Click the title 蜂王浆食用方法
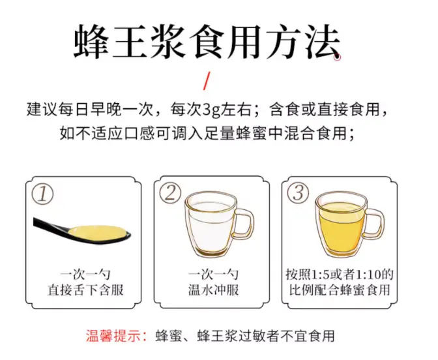click(x=207, y=41)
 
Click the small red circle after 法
click(x=338, y=57)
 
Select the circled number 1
click(x=42, y=194)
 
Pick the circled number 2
click(x=170, y=193)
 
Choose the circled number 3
click(x=298, y=192)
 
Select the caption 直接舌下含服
click(x=85, y=290)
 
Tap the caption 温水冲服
click(x=213, y=290)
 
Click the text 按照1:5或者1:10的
click(x=340, y=275)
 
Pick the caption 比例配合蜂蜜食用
click(x=340, y=290)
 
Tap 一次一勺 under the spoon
click(x=85, y=275)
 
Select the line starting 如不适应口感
click(x=207, y=133)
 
